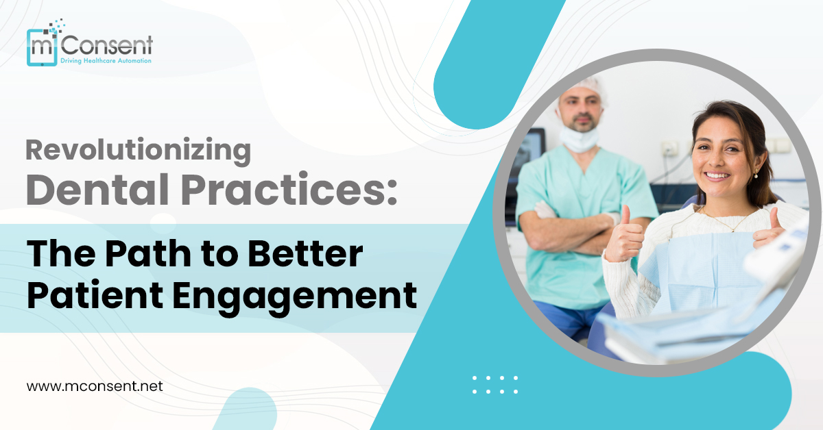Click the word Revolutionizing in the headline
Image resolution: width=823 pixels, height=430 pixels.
139,150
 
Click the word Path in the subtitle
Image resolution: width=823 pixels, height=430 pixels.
141,255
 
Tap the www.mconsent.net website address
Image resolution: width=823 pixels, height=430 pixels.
95,386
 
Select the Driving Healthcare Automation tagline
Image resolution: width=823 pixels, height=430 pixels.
106,61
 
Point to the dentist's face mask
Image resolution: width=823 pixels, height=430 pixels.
578,138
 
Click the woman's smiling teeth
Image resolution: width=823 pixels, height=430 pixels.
717,175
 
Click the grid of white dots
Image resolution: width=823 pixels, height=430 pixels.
495,384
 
